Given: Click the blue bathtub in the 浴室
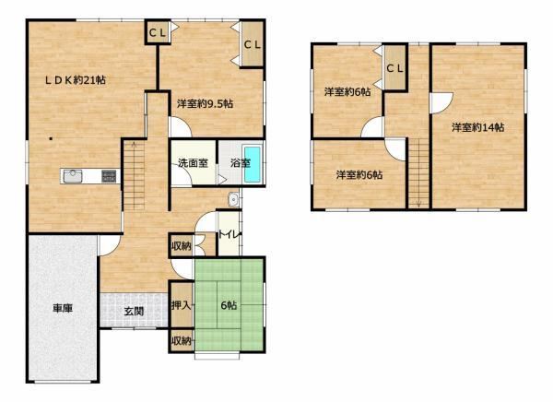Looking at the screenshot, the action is (x=253, y=165).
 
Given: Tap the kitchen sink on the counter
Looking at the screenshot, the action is (x=73, y=176).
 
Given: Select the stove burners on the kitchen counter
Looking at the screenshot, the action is (x=109, y=176).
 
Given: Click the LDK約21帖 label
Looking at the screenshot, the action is (x=76, y=80).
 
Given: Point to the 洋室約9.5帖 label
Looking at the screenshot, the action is (x=205, y=104).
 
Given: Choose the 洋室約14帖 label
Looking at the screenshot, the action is (x=477, y=127).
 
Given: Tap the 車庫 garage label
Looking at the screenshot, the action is (x=63, y=309).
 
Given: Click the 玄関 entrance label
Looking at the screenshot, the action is (x=134, y=312).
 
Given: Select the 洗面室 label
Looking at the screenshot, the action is (x=193, y=163).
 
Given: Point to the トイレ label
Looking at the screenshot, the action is (x=229, y=234).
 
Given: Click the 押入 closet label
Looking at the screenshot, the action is (x=181, y=305).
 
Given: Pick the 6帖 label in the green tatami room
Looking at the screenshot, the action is (x=229, y=305).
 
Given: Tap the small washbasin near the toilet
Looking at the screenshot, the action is (x=233, y=200).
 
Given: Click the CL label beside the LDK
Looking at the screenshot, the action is (x=158, y=33).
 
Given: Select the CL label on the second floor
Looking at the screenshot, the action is (x=394, y=68).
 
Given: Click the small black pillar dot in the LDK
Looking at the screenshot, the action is (x=51, y=138).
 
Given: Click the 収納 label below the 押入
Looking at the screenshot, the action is (x=181, y=341).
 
